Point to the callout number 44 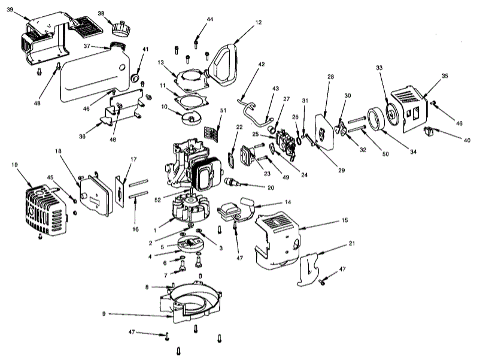(x=209, y=19)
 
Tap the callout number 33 (x=378, y=68)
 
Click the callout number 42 (x=261, y=63)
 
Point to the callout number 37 (x=87, y=46)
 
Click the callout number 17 (x=134, y=159)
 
